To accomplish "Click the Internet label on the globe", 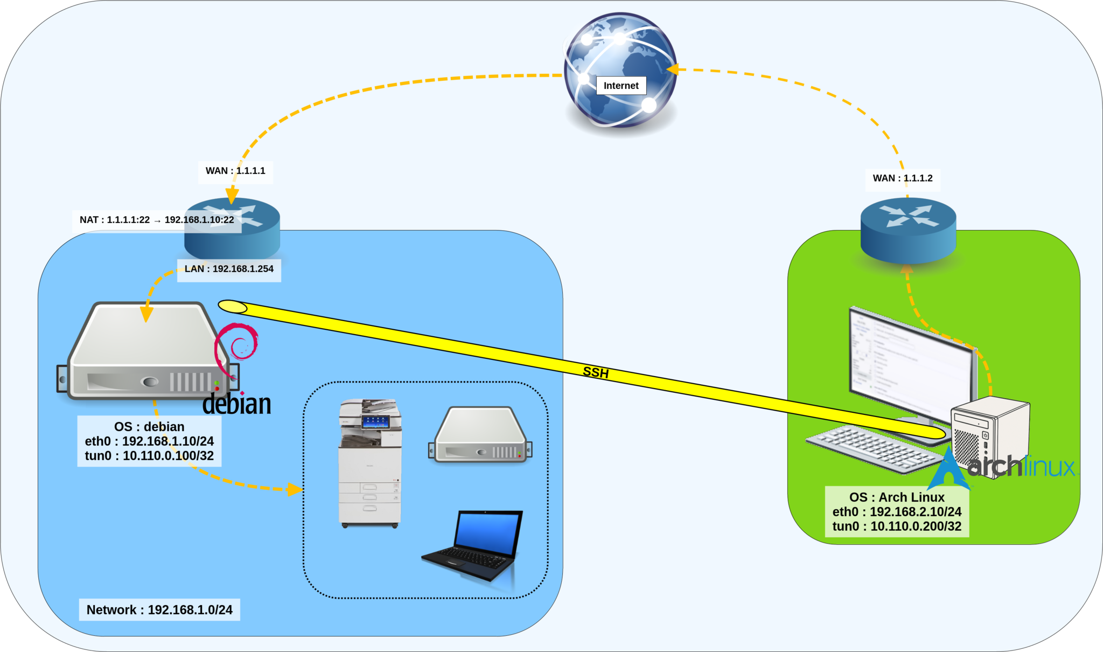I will coord(620,86).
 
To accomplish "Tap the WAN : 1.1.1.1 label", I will coord(235,171).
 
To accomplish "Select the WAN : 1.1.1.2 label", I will coord(902,178).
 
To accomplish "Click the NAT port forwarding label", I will coord(156,220).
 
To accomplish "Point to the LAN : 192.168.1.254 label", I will coord(229,269).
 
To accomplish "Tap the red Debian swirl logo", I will coord(237,348).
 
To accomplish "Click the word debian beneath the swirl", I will coord(236,404).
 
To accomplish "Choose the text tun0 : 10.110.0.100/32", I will coord(149,456).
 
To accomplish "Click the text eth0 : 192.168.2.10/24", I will coord(897,512).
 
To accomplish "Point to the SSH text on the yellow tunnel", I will coord(596,372).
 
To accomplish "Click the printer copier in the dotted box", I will coord(370,463).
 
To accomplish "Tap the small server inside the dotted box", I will coord(480,435).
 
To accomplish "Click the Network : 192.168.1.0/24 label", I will coord(159,610).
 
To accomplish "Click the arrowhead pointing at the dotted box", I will coord(294,489).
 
